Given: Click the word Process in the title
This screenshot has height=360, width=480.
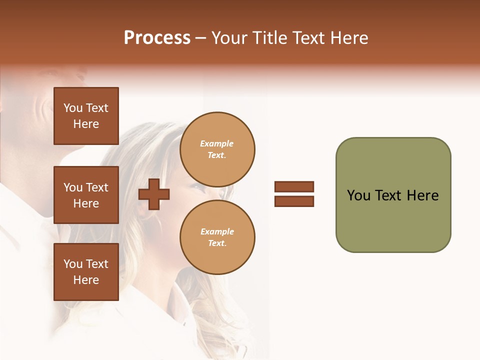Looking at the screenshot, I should pyautogui.click(x=157, y=38).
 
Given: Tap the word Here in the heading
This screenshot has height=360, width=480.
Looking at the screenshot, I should pyautogui.click(x=348, y=38).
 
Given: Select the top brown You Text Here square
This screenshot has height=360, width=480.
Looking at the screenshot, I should pyautogui.click(x=86, y=116).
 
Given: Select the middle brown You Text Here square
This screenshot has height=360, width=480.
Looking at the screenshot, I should pyautogui.click(x=86, y=195).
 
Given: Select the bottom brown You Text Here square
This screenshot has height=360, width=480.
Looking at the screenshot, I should pyautogui.click(x=86, y=272).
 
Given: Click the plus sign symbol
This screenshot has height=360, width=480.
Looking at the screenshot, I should pyautogui.click(x=154, y=194).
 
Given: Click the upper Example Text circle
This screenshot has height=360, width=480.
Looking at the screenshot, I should pyautogui.click(x=217, y=149).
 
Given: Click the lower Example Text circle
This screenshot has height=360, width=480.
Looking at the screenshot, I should pyautogui.click(x=217, y=237).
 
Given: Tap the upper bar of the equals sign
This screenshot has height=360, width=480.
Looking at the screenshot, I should pyautogui.click(x=294, y=186).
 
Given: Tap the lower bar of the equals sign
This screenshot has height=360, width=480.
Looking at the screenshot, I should pyautogui.click(x=294, y=201).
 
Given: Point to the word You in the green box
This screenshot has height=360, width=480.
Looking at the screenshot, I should pyautogui.click(x=358, y=195).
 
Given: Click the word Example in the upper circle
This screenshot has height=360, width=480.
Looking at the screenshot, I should pyautogui.click(x=217, y=143).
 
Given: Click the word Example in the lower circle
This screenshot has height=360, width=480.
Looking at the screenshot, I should pyautogui.click(x=217, y=231).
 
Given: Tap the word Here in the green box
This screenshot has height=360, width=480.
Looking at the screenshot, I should pyautogui.click(x=422, y=195).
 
